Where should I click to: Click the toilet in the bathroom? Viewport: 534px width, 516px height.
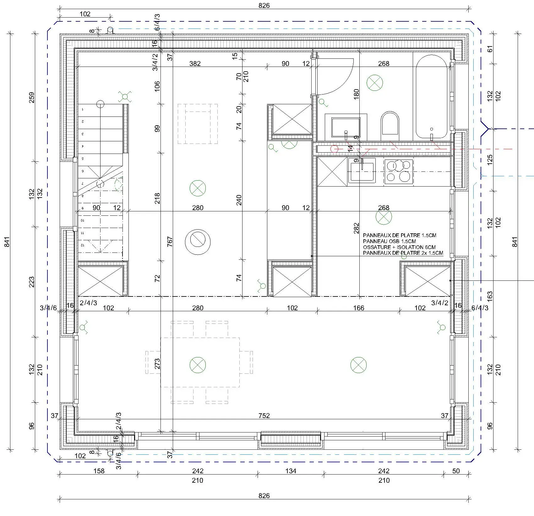point(390,126)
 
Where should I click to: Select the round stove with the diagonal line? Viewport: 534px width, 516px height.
point(198,241)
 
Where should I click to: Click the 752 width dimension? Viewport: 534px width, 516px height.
point(264,416)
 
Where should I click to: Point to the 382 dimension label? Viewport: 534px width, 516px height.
point(195,63)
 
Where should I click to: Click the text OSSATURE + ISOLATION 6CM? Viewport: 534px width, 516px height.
point(399,247)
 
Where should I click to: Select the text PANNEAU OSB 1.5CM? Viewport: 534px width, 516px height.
point(390,241)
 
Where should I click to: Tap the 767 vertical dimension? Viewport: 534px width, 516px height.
point(170,241)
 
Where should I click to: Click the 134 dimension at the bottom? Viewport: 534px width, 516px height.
point(291,471)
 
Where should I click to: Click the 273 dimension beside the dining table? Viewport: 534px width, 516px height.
point(157,363)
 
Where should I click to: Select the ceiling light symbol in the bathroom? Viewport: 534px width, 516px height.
point(375,83)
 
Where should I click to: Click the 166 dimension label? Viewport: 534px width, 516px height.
point(358,308)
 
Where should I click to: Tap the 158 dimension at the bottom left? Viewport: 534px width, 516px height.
point(99,471)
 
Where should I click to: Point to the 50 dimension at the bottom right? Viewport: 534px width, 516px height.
point(456,471)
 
